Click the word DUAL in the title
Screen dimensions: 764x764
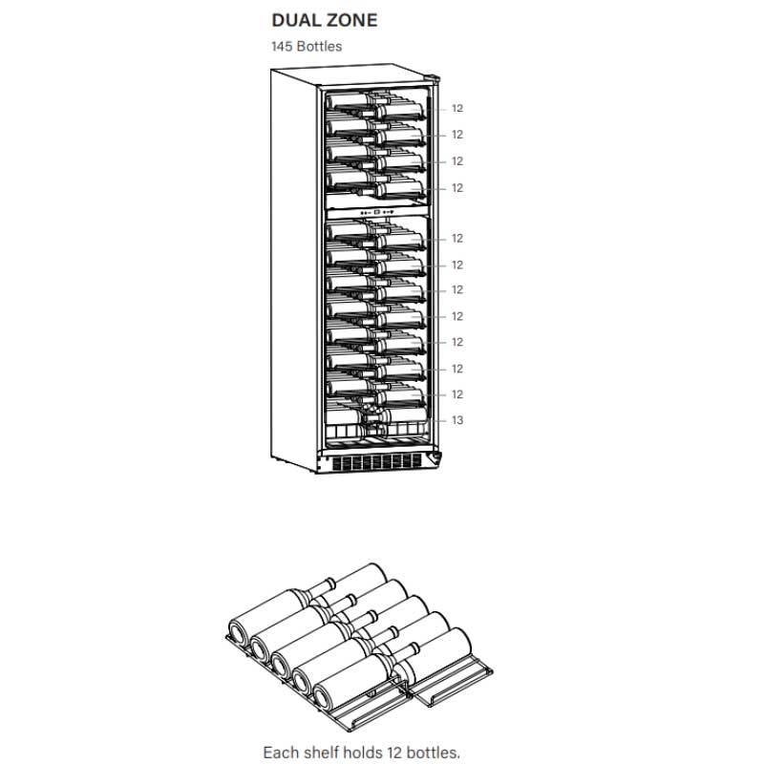click(x=295, y=21)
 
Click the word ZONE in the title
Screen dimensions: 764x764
click(x=351, y=21)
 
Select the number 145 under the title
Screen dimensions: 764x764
click(x=283, y=46)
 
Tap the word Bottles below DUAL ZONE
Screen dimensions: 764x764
click(x=320, y=46)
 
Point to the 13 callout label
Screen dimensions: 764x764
click(x=456, y=420)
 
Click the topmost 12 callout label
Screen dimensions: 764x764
click(x=456, y=109)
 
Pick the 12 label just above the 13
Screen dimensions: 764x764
click(x=456, y=394)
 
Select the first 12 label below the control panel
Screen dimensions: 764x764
click(x=456, y=239)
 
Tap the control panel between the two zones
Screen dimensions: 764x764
click(x=376, y=212)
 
